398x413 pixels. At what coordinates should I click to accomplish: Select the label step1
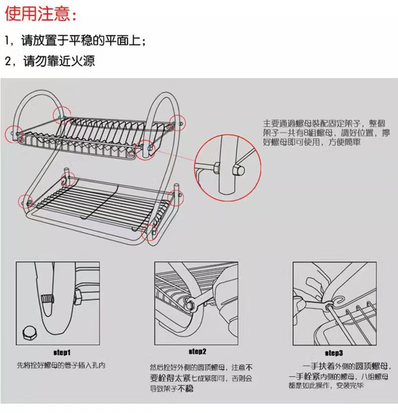[62, 351]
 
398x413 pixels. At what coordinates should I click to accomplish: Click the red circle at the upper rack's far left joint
[12, 133]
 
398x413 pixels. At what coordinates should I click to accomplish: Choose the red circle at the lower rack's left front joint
[25, 201]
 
